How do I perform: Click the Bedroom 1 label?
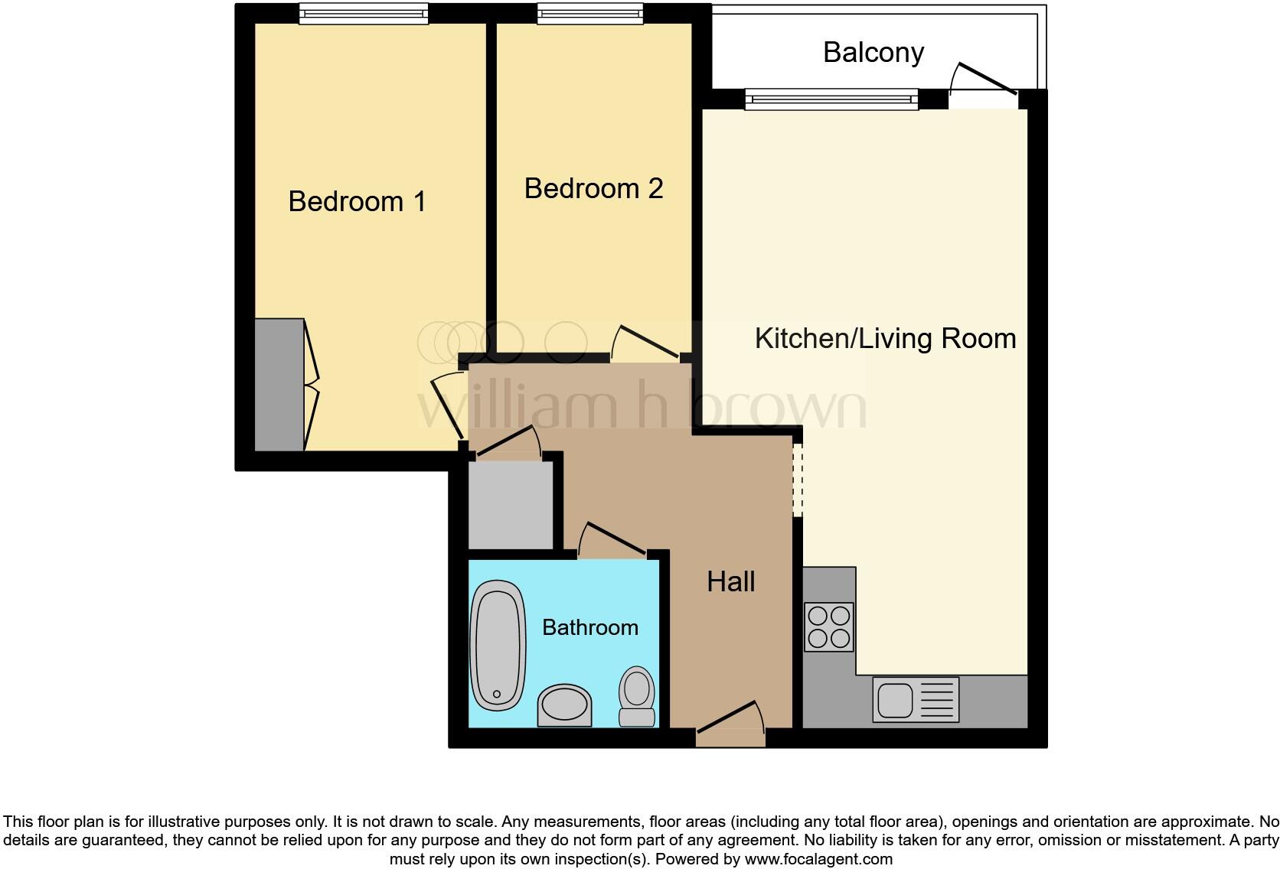(x=357, y=201)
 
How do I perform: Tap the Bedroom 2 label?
(x=593, y=188)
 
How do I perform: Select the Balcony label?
(x=873, y=52)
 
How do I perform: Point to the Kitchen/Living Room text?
(x=885, y=338)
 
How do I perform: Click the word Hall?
(x=730, y=581)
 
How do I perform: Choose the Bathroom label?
(x=589, y=627)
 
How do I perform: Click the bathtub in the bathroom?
(x=498, y=646)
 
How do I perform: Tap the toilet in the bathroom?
(x=637, y=696)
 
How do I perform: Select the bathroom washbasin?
(x=565, y=705)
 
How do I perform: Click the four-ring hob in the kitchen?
(x=828, y=627)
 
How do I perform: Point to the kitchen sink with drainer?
(x=916, y=699)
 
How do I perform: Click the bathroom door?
(x=612, y=539)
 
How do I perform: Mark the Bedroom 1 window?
(x=364, y=13)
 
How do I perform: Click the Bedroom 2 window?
(x=589, y=13)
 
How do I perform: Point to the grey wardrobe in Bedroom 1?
(x=279, y=385)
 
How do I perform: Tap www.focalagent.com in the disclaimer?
(x=818, y=859)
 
